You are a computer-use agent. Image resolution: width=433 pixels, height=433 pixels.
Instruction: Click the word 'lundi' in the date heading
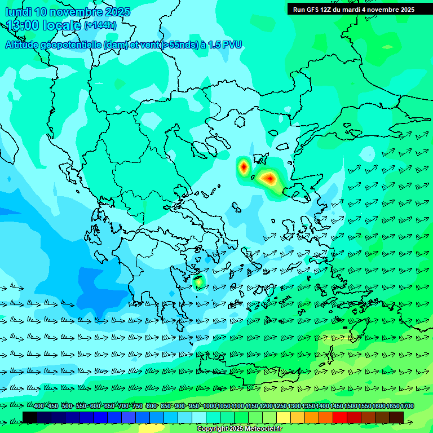click(x=18, y=12)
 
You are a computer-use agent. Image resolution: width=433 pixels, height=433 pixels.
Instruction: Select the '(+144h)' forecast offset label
click(x=100, y=25)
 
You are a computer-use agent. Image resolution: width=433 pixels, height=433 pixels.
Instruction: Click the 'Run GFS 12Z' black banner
click(x=354, y=9)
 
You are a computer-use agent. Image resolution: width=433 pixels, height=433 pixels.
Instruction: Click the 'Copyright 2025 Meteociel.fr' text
click(x=239, y=429)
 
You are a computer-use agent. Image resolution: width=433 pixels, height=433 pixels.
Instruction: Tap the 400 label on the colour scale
click(x=39, y=406)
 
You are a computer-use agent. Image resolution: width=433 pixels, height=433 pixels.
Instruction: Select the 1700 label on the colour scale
click(x=407, y=406)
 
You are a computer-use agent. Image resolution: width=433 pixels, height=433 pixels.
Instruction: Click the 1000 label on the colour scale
click(x=210, y=406)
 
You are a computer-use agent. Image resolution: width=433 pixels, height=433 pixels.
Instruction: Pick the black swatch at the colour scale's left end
click(x=30, y=417)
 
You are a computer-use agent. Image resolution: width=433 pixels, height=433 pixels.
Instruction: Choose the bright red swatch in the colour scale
click(x=340, y=417)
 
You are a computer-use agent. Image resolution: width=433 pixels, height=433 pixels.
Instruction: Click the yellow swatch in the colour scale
click(x=284, y=417)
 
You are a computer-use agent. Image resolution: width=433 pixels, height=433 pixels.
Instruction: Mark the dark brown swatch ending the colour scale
click(x=396, y=417)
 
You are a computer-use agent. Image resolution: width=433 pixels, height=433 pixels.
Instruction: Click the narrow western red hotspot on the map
click(x=243, y=166)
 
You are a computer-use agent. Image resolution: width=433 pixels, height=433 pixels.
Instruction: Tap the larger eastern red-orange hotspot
click(x=269, y=179)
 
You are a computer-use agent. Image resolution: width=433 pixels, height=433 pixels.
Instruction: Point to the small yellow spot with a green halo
click(x=198, y=281)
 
